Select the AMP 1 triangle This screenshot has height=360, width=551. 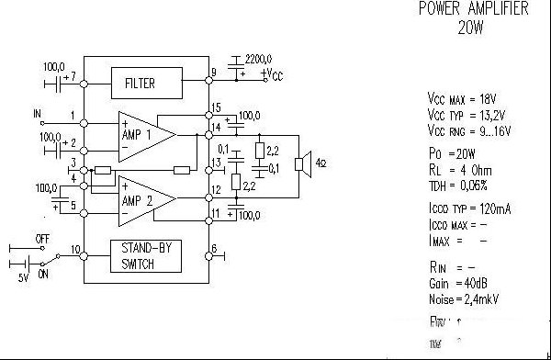[x=143, y=133]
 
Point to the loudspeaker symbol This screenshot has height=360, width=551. [x=299, y=164]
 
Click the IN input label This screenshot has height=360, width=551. [x=38, y=114]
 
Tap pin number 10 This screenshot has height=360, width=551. [x=74, y=250]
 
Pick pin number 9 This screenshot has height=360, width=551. [x=213, y=72]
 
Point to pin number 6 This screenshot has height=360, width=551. [x=213, y=249]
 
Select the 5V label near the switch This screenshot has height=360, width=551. [x=24, y=277]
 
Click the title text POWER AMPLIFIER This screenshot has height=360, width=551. [x=473, y=9]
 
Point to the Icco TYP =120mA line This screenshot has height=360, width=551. [x=469, y=209]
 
